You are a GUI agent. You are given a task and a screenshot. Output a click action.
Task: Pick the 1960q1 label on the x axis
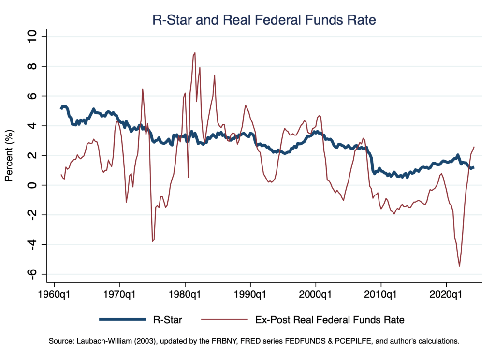tap(54, 294)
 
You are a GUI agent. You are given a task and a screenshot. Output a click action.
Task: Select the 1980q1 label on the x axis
tap(185, 294)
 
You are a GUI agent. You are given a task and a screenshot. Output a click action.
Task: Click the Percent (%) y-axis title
tap(9, 156)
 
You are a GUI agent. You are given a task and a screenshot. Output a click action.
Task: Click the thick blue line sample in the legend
tap(122, 319)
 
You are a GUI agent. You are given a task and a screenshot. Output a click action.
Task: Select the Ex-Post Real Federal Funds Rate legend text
tap(329, 319)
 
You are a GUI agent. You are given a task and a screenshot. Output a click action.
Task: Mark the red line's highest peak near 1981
tap(195, 53)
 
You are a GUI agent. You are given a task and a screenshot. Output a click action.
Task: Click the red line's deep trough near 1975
tap(153, 241)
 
